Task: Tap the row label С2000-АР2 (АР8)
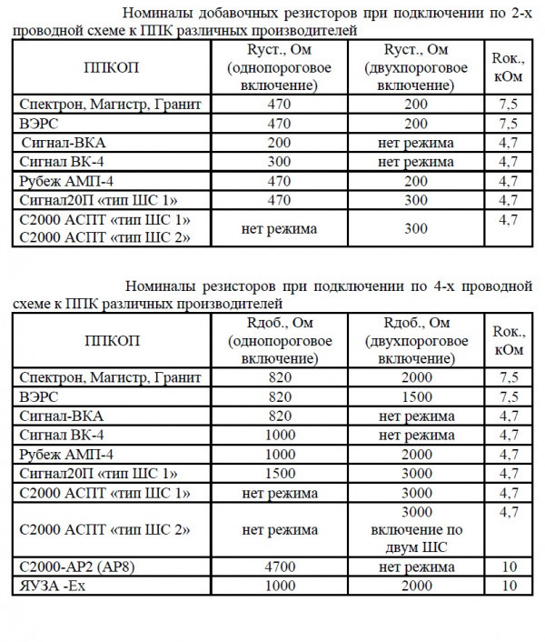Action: pos(74,567)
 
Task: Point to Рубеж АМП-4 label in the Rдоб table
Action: pos(66,454)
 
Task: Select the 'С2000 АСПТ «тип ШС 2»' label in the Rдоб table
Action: pos(94,529)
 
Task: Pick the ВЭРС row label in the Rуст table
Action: pos(38,124)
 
